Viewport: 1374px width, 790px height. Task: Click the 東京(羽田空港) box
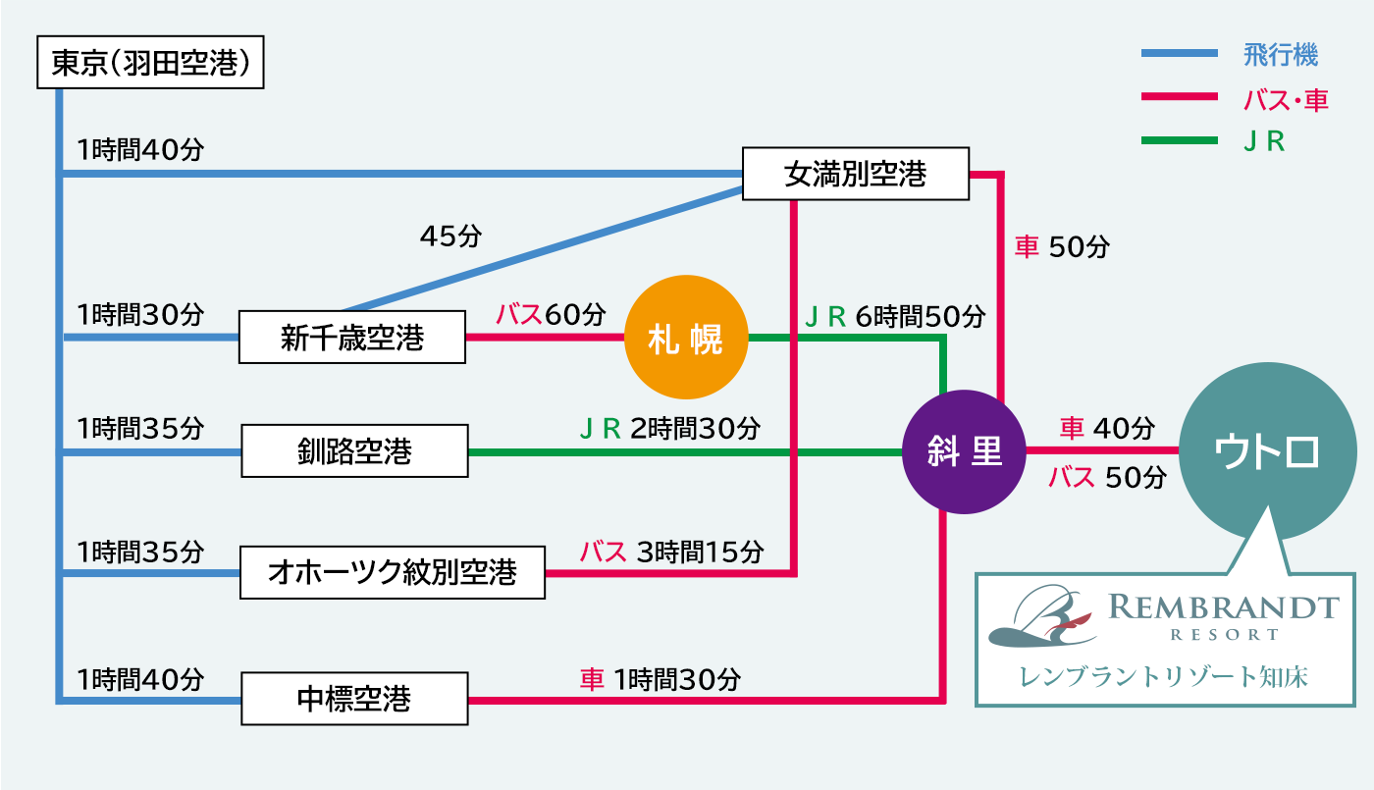(x=150, y=64)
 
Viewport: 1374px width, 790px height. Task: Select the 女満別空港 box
(x=856, y=175)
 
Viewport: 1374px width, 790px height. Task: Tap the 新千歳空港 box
(x=352, y=338)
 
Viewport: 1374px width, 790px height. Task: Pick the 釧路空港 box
(x=354, y=451)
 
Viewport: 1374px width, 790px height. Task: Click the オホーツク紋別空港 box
(x=392, y=572)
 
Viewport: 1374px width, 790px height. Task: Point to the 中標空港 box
(x=353, y=700)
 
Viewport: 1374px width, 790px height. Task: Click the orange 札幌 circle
(x=686, y=339)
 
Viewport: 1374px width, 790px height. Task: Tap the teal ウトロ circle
(x=1266, y=452)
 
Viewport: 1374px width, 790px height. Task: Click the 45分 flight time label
(x=451, y=237)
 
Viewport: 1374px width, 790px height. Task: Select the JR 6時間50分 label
(x=894, y=316)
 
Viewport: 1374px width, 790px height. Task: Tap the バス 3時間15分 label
(x=671, y=552)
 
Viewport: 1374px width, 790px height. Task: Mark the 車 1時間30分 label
(x=660, y=679)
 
